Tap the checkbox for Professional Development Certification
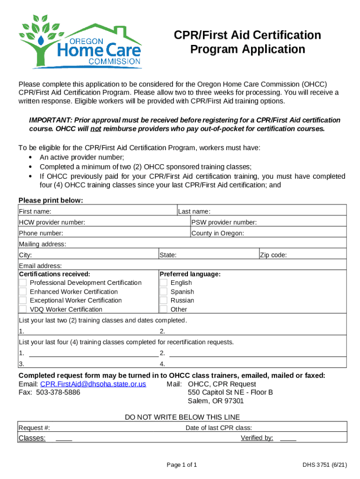22,283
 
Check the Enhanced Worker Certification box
22,291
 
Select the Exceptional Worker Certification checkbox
22,300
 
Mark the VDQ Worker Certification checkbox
22,309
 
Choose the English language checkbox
163,283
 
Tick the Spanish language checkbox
163,291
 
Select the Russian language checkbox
163,300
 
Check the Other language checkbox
163,309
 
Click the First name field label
35,211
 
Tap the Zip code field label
274,255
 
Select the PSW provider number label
224,222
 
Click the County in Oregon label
217,233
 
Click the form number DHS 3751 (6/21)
324,465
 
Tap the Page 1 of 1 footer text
182,465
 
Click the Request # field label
34,428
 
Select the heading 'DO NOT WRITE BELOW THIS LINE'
182,417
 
